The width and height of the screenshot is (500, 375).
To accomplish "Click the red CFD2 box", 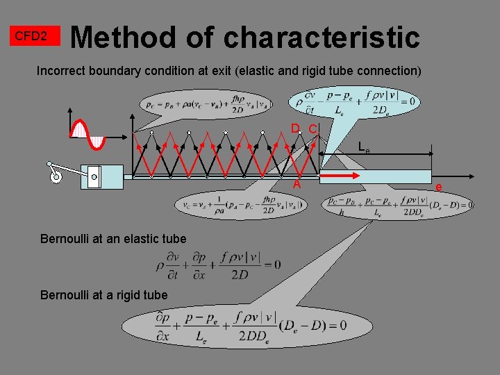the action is (31, 35).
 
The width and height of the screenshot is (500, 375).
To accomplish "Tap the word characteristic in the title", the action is (322, 37).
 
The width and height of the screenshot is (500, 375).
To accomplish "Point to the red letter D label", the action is (295, 128).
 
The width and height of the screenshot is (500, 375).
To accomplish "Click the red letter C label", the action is (313, 129).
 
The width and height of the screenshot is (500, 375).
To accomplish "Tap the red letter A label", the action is (297, 185).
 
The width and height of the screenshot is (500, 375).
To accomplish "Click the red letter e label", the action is (438, 186).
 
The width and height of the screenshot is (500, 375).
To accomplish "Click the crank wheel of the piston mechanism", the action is (56, 178).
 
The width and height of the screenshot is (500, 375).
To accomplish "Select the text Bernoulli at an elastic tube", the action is (113, 239).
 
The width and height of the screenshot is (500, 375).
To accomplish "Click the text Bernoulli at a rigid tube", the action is (103, 295).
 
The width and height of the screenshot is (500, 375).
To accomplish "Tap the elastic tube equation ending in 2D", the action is (219, 265).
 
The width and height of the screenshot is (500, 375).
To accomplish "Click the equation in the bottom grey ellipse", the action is (251, 324).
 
